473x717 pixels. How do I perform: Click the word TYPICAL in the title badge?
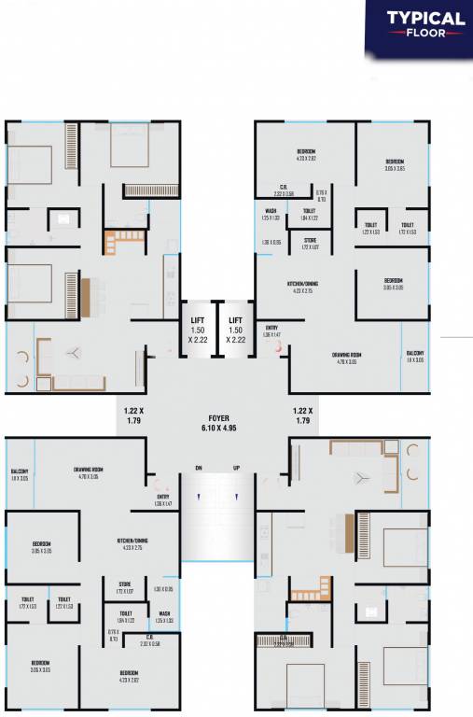[425, 18]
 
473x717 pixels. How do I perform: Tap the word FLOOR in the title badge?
[425, 33]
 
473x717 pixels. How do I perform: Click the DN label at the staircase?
[199, 468]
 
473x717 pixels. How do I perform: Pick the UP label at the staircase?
[236, 468]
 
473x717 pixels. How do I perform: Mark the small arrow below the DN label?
[199, 496]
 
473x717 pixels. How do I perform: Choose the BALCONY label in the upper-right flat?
[415, 353]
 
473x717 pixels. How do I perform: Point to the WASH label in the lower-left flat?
[164, 613]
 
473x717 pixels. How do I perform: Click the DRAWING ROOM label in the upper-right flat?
[348, 356]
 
